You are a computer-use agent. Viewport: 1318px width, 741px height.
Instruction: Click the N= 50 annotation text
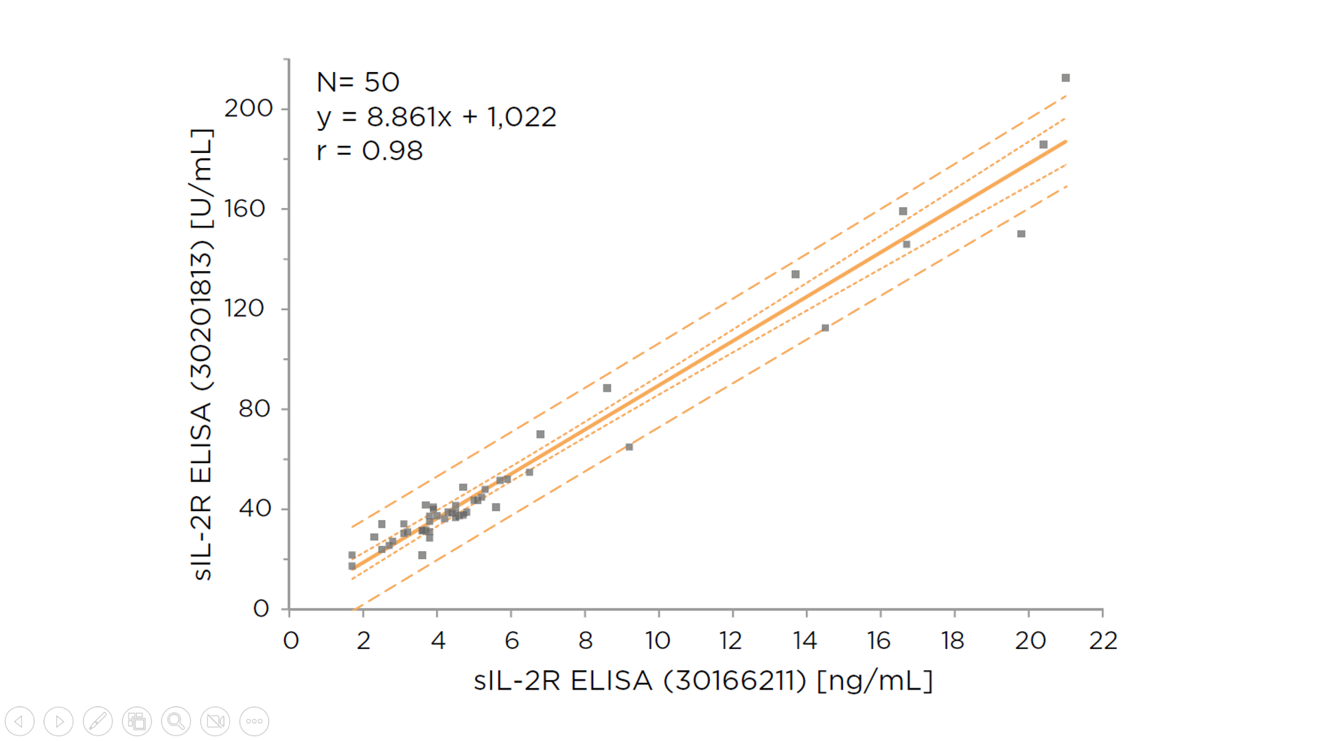coord(358,82)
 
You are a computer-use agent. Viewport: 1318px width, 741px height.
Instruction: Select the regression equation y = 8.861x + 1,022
coord(436,117)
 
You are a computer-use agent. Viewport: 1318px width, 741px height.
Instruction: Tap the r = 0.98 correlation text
coord(369,151)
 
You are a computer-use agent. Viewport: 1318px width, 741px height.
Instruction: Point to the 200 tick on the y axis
coord(248,108)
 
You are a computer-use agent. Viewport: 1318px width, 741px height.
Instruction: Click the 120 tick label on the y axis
coord(244,308)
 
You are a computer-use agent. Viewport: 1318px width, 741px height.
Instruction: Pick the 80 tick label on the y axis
coord(254,409)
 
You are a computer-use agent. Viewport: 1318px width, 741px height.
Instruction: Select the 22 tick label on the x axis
coord(1103,641)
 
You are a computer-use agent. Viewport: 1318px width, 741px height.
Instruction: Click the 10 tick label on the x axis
coord(658,641)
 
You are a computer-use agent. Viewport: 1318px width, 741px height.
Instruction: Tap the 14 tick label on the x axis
coord(805,641)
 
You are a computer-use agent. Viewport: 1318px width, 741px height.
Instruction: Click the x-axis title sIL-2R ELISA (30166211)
coord(703,681)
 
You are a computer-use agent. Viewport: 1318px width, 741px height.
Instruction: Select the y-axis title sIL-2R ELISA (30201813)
coord(201,354)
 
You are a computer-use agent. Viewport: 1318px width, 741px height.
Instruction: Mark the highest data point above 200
coord(1065,78)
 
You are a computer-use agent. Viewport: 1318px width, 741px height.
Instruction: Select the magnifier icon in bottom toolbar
coord(176,721)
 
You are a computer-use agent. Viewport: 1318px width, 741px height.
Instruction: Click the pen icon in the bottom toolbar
coord(97,721)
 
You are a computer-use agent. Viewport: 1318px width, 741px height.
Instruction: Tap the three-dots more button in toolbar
coord(254,721)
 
